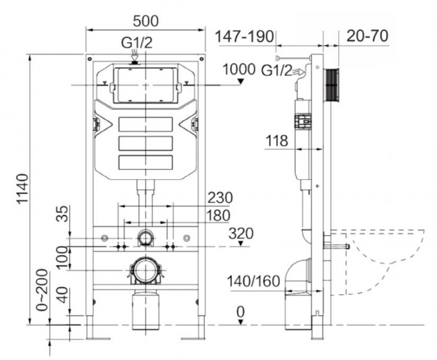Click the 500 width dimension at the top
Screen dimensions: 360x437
[x=146, y=18]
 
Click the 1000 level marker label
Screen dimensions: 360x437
[x=237, y=69]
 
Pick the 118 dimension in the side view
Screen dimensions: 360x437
[x=276, y=141]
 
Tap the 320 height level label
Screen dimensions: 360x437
[x=241, y=234]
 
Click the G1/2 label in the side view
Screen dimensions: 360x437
[x=276, y=69]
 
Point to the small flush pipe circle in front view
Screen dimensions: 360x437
[x=146, y=236]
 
